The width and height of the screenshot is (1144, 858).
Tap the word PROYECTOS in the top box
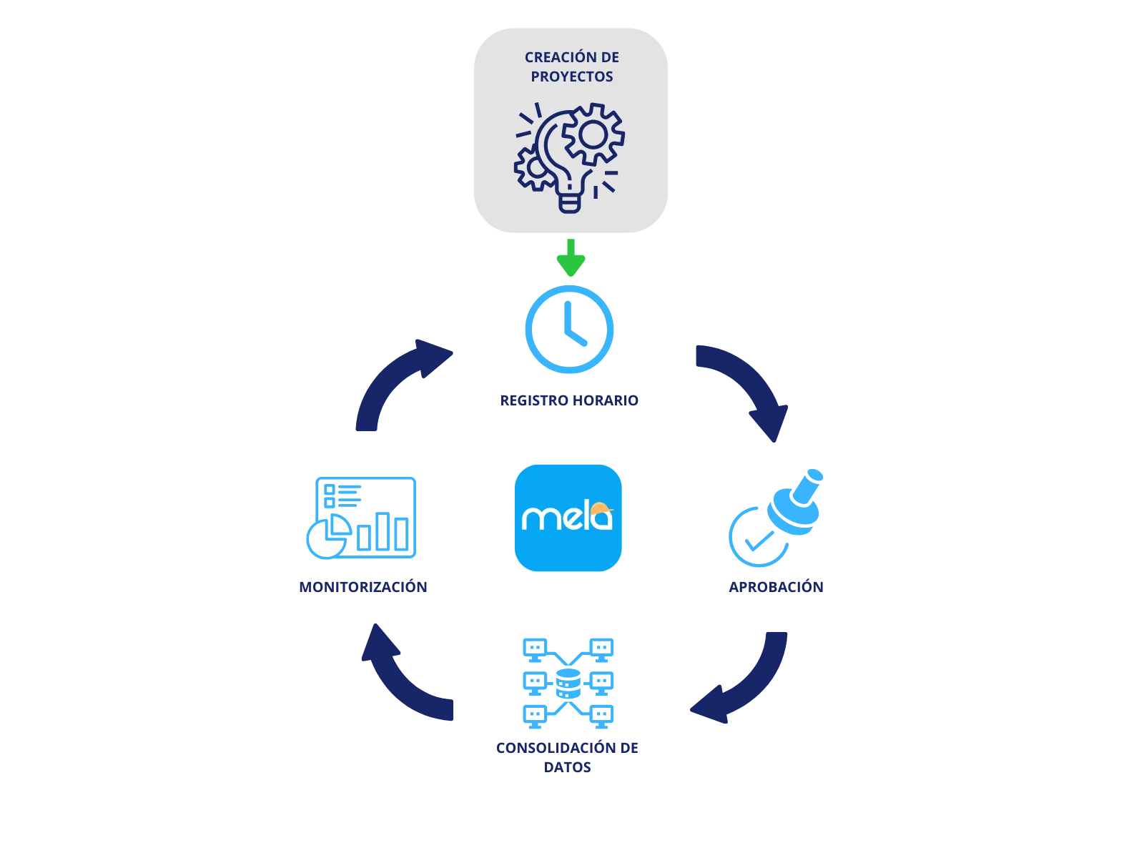tap(572, 77)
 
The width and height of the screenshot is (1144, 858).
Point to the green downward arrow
tap(571, 258)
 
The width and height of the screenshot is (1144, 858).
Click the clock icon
tap(569, 330)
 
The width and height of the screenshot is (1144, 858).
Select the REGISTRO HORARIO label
tap(569, 400)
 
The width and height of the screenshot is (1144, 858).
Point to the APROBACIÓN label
tap(776, 586)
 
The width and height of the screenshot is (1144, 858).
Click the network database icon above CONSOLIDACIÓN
tap(569, 681)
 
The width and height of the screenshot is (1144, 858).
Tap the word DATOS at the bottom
tap(568, 767)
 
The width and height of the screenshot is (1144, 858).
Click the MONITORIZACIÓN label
tap(363, 586)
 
